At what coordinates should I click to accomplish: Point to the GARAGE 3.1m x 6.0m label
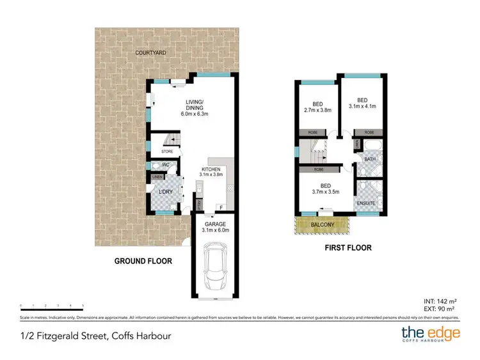coord(214,226)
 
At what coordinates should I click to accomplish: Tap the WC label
coord(164,165)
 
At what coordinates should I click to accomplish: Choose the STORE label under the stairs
coord(167,152)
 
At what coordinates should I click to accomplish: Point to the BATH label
coord(369,159)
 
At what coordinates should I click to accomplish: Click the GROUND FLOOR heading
coord(143,261)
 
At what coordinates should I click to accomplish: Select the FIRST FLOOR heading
coord(348,247)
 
